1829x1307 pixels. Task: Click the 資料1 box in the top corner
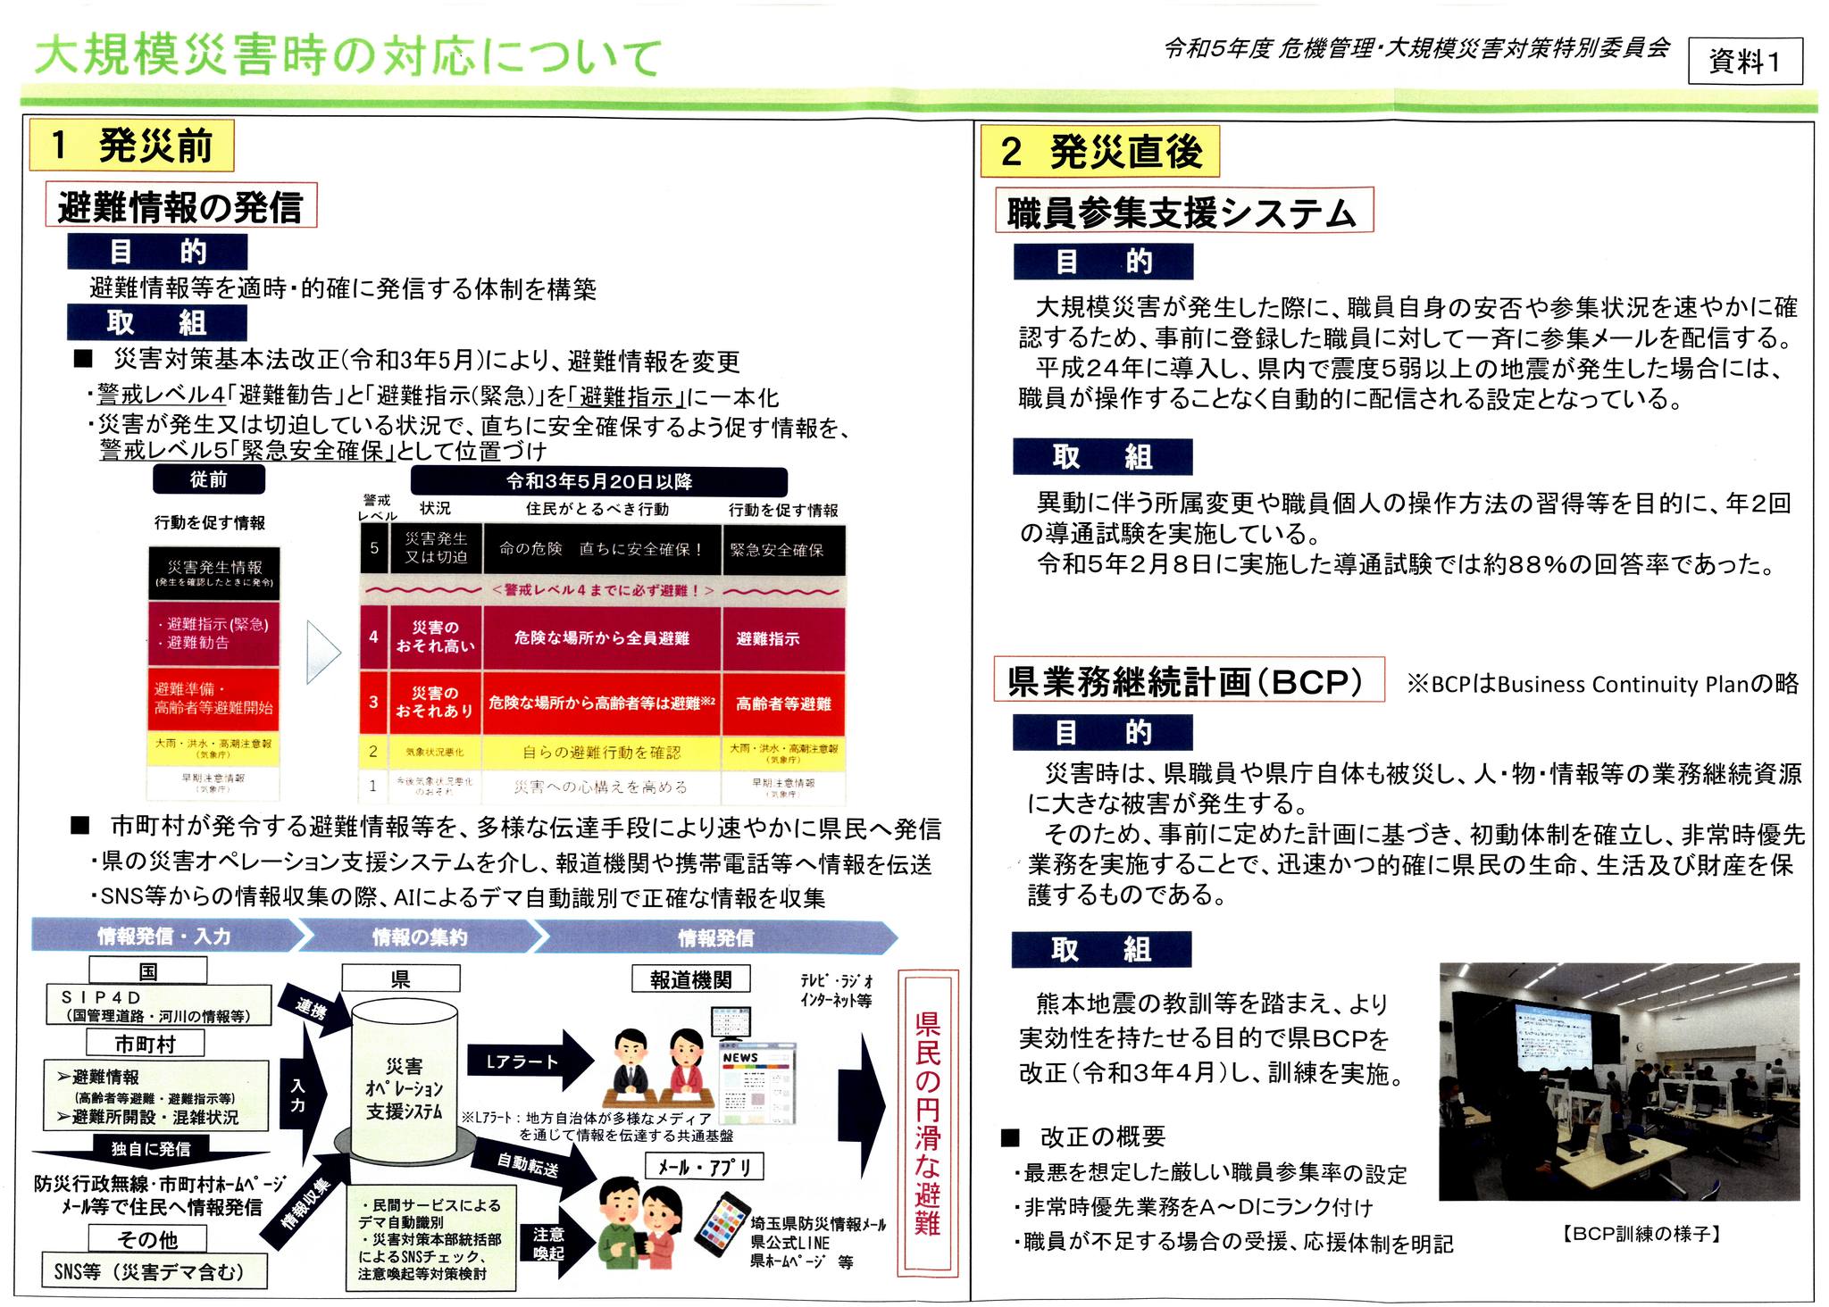[1743, 61]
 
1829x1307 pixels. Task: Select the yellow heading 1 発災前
[131, 146]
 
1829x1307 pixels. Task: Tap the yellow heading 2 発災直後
[1099, 152]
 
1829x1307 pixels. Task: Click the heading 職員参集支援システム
[1183, 212]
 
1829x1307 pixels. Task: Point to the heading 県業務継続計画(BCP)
[1188, 681]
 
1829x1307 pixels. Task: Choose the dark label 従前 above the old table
[209, 479]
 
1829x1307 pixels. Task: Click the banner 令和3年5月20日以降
[598, 482]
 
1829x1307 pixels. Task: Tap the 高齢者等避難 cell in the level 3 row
[783, 703]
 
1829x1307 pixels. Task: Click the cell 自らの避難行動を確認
[601, 752]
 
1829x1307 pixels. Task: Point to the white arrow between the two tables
[323, 652]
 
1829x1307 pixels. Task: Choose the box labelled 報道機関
[690, 979]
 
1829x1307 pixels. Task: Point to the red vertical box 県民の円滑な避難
[928, 1120]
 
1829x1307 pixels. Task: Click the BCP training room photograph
[1618, 1080]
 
